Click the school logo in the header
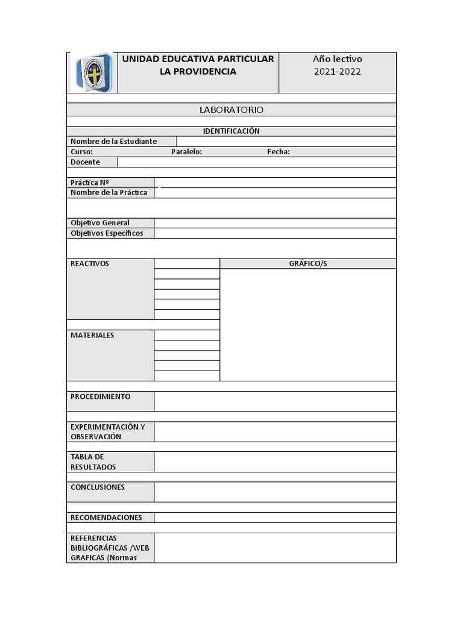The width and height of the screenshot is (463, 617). click(x=93, y=72)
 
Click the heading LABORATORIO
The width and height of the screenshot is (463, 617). click(x=231, y=110)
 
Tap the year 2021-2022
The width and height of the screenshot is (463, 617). click(x=338, y=72)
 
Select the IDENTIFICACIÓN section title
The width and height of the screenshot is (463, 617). click(x=231, y=131)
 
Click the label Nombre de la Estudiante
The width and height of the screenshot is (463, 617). click(x=113, y=142)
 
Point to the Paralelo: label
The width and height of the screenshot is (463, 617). click(x=186, y=152)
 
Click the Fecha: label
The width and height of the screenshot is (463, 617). click(x=279, y=152)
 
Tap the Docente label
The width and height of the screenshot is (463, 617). click(x=85, y=162)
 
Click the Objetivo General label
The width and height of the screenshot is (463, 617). click(x=100, y=223)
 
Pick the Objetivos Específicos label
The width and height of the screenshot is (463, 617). click(x=107, y=233)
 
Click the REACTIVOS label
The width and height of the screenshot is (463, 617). click(x=90, y=264)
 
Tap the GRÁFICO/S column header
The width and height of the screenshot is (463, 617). click(x=308, y=264)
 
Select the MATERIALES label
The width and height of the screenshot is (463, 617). click(x=92, y=335)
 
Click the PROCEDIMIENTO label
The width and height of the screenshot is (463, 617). click(x=100, y=396)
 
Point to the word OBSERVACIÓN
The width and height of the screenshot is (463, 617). click(x=96, y=437)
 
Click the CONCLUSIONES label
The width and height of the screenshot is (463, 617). click(x=98, y=487)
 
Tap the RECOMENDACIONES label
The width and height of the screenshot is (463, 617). click(x=106, y=518)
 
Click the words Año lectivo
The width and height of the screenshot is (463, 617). click(x=338, y=59)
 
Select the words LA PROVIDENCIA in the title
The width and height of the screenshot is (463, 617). click(x=198, y=72)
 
